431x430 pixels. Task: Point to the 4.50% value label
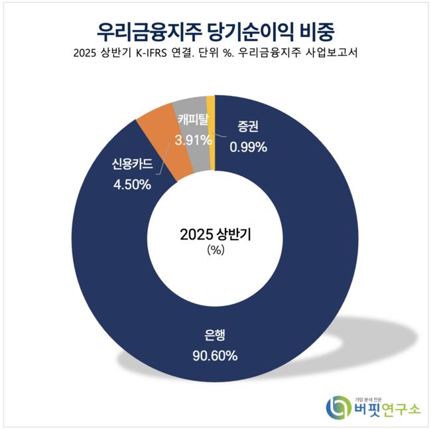pos(131,184)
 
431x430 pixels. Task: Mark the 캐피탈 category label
pos(194,120)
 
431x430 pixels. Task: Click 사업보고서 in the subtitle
pos(330,54)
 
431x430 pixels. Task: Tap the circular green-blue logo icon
pos(338,407)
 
